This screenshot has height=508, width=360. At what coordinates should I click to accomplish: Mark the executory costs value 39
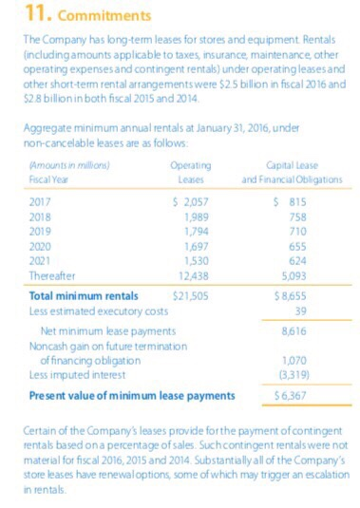pos(300,310)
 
